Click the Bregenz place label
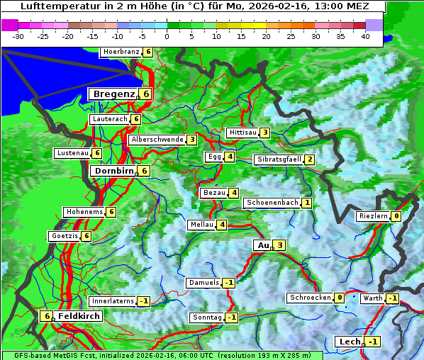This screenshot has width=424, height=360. (113, 94)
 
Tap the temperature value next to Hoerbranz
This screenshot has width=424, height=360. (147, 52)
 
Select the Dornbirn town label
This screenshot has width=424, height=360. (113, 171)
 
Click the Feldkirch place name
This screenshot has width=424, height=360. (79, 316)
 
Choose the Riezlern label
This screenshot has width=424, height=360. (373, 216)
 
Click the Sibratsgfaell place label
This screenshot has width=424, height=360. (279, 159)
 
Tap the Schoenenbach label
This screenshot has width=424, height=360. (272, 203)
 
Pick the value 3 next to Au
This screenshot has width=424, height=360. (280, 245)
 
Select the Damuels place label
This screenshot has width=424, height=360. (203, 283)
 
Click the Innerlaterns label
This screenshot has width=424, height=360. (113, 301)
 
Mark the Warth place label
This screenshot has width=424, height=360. (373, 298)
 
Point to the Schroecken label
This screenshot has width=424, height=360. (310, 298)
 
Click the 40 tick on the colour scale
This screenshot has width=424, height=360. (365, 36)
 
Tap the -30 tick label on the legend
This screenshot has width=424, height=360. (18, 36)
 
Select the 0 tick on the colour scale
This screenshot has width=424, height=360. (167, 36)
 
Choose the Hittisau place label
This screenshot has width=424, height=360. (242, 133)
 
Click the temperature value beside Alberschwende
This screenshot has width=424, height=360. (191, 140)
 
